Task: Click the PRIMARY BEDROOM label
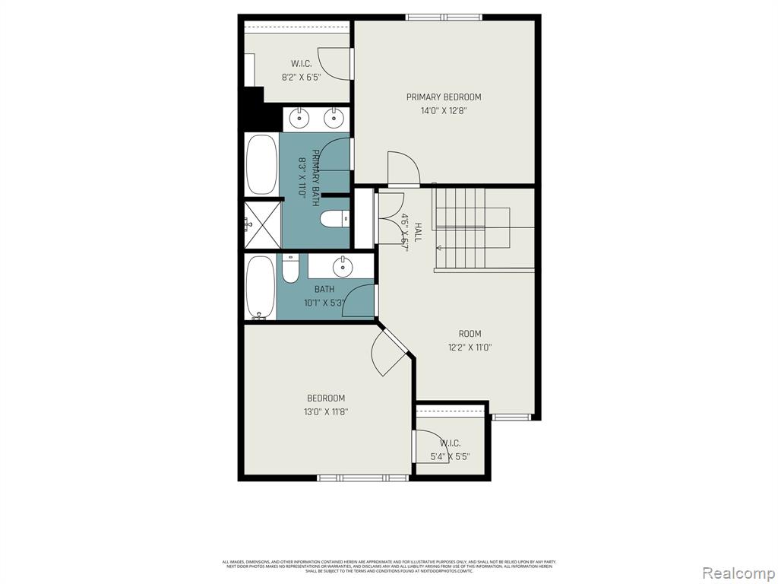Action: click(444, 97)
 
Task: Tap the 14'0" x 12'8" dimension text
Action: click(444, 110)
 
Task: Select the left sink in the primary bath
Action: click(300, 118)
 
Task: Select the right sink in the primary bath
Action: click(332, 118)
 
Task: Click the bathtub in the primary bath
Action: click(261, 164)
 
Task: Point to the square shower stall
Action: click(262, 224)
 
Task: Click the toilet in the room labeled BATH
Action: click(290, 268)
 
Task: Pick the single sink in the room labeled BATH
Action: click(342, 266)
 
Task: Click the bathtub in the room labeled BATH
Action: click(261, 287)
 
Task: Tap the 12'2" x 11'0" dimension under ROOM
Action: click(470, 348)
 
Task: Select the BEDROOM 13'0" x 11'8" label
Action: click(326, 405)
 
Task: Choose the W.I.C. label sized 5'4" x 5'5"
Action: click(449, 450)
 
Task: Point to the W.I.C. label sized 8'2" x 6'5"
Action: click(301, 70)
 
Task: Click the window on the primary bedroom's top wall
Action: click(444, 17)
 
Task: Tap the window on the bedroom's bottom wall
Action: click(363, 478)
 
